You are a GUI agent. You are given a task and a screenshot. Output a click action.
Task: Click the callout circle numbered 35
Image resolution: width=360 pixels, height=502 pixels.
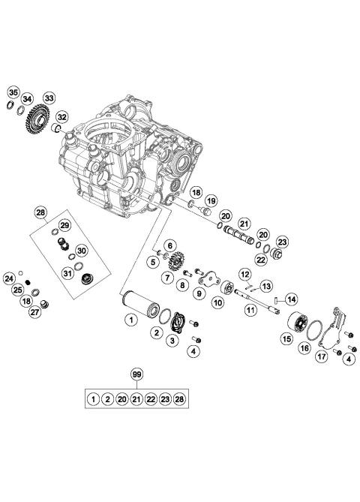pyautogui.click(x=13, y=93)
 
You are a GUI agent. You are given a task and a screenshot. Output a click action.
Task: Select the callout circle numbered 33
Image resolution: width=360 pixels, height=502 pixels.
pyautogui.click(x=49, y=98)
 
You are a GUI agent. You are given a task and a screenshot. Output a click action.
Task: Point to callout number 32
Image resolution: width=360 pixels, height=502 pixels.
pyautogui.click(x=62, y=117)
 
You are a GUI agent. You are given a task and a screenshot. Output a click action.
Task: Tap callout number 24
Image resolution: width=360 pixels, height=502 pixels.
pyautogui.click(x=9, y=279)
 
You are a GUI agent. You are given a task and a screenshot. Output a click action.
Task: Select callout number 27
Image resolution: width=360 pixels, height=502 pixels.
pyautogui.click(x=34, y=313)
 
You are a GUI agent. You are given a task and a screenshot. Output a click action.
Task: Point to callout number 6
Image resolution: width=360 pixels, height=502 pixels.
pyautogui.click(x=170, y=245)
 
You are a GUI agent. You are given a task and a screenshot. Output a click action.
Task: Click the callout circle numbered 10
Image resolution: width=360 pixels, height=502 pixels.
pyautogui.click(x=217, y=303)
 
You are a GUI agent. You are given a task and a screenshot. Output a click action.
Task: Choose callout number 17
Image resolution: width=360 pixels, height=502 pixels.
pyautogui.click(x=321, y=357)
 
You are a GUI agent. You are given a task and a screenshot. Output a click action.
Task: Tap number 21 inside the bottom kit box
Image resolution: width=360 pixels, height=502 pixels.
pyautogui.click(x=136, y=398)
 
